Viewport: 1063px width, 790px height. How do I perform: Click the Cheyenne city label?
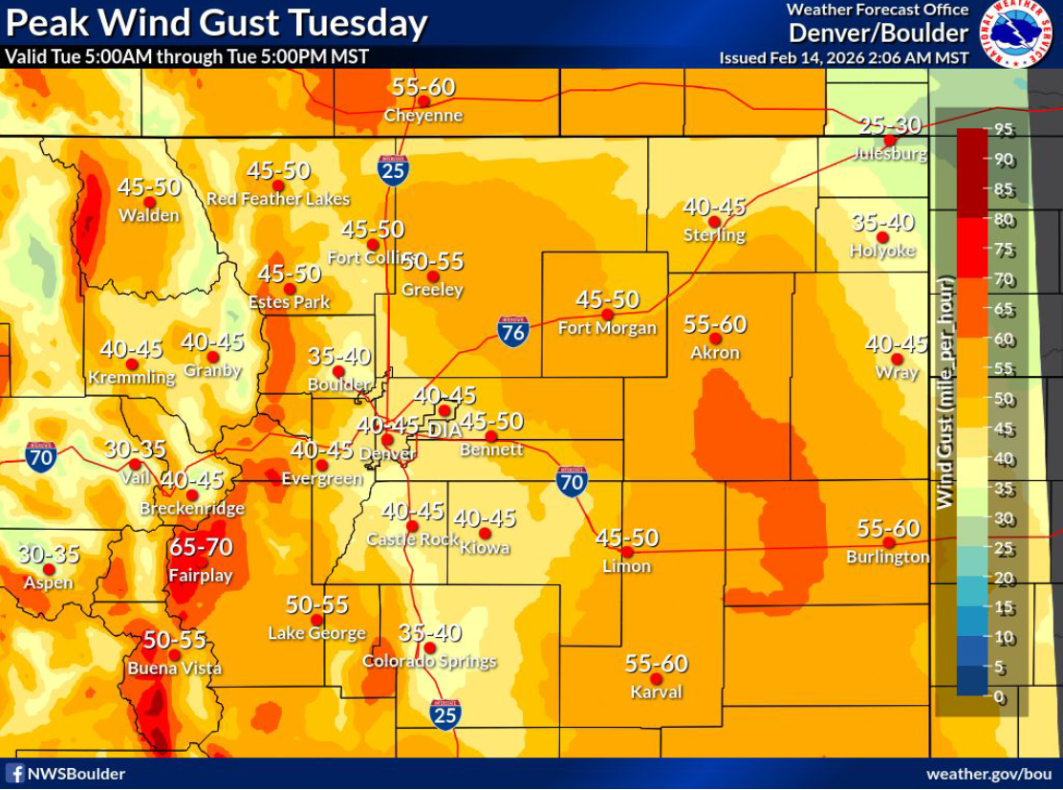pyautogui.click(x=423, y=116)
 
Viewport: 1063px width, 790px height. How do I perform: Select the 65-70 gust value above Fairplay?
pyautogui.click(x=201, y=547)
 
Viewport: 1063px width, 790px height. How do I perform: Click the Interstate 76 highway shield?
pyautogui.click(x=513, y=331)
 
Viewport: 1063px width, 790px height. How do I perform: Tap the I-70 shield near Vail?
pyautogui.click(x=40, y=455)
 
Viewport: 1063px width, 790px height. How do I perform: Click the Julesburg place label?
pyautogui.click(x=889, y=153)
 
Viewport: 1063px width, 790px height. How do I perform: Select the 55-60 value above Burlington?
pyautogui.click(x=888, y=528)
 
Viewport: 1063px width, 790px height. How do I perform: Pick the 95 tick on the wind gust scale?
pyautogui.click(x=1003, y=129)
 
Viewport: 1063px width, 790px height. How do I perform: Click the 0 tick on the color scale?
pyautogui.click(x=999, y=697)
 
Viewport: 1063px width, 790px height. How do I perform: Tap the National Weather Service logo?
pyautogui.click(x=1019, y=34)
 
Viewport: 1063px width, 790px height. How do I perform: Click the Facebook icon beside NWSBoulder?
pyautogui.click(x=15, y=774)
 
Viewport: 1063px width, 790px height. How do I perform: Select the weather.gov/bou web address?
pyautogui.click(x=988, y=774)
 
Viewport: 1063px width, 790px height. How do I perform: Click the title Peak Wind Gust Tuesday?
pyautogui.click(x=216, y=23)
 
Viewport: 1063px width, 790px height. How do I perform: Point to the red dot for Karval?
pyautogui.click(x=656, y=678)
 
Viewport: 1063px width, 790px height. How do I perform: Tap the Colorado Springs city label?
pyautogui.click(x=429, y=662)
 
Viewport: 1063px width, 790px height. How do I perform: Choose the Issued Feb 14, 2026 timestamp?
pyautogui.click(x=843, y=57)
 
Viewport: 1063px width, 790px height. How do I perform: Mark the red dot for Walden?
pyautogui.click(x=149, y=202)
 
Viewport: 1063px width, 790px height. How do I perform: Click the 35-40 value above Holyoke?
pyautogui.click(x=882, y=223)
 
